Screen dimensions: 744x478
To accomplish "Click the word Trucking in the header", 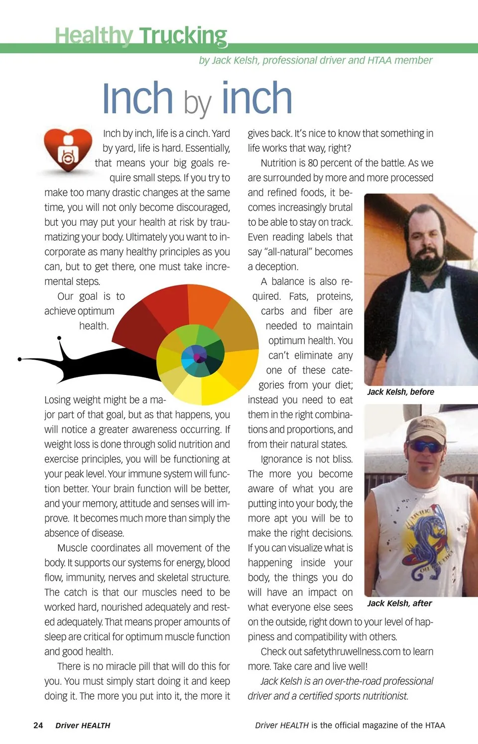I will click(x=183, y=36).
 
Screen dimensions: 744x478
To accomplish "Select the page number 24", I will click(x=38, y=725).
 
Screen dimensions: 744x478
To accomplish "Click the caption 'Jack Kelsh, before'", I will click(x=400, y=392).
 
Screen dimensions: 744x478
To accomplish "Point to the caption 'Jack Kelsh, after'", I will click(x=399, y=603).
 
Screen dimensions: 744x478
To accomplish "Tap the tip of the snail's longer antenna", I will click(x=20, y=359).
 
